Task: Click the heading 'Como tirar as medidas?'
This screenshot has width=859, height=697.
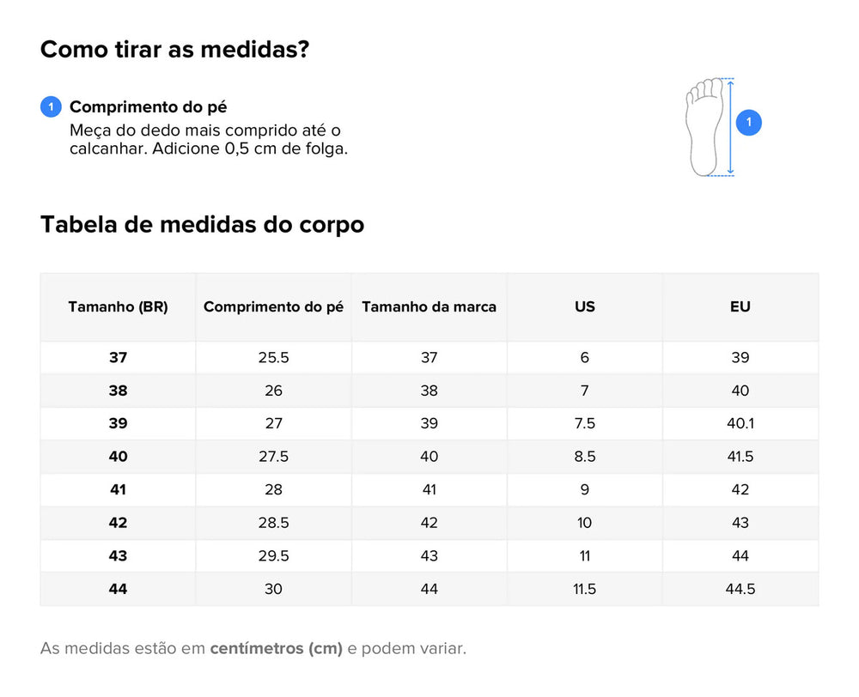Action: tap(174, 49)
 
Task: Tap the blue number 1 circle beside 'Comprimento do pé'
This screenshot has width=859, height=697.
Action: tap(51, 106)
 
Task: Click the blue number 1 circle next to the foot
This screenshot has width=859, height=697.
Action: tap(748, 122)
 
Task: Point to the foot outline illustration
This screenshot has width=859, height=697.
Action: tap(704, 127)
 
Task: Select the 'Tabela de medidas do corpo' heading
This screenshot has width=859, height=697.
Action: tap(202, 225)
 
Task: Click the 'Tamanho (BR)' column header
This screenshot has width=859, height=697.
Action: tap(118, 306)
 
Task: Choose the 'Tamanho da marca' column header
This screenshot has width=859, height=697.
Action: tap(429, 306)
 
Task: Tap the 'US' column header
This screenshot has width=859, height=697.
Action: tap(584, 306)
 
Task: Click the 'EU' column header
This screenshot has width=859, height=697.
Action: tap(740, 306)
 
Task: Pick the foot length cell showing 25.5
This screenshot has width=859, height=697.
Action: tap(273, 358)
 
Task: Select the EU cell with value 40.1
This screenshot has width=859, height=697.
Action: tap(740, 423)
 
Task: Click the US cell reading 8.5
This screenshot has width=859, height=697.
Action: tap(584, 457)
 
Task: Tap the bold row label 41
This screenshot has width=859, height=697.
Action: tap(118, 489)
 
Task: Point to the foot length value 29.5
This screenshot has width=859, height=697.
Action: tap(273, 555)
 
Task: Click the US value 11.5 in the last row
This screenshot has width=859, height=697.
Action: tap(584, 589)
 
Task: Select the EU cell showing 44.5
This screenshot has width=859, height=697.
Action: tap(740, 589)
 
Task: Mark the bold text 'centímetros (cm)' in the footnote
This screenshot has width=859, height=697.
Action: tap(276, 649)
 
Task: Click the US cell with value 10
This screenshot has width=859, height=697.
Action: tap(584, 523)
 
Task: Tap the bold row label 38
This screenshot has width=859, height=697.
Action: tap(118, 391)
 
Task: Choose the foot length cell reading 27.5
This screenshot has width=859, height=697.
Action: tap(273, 457)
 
